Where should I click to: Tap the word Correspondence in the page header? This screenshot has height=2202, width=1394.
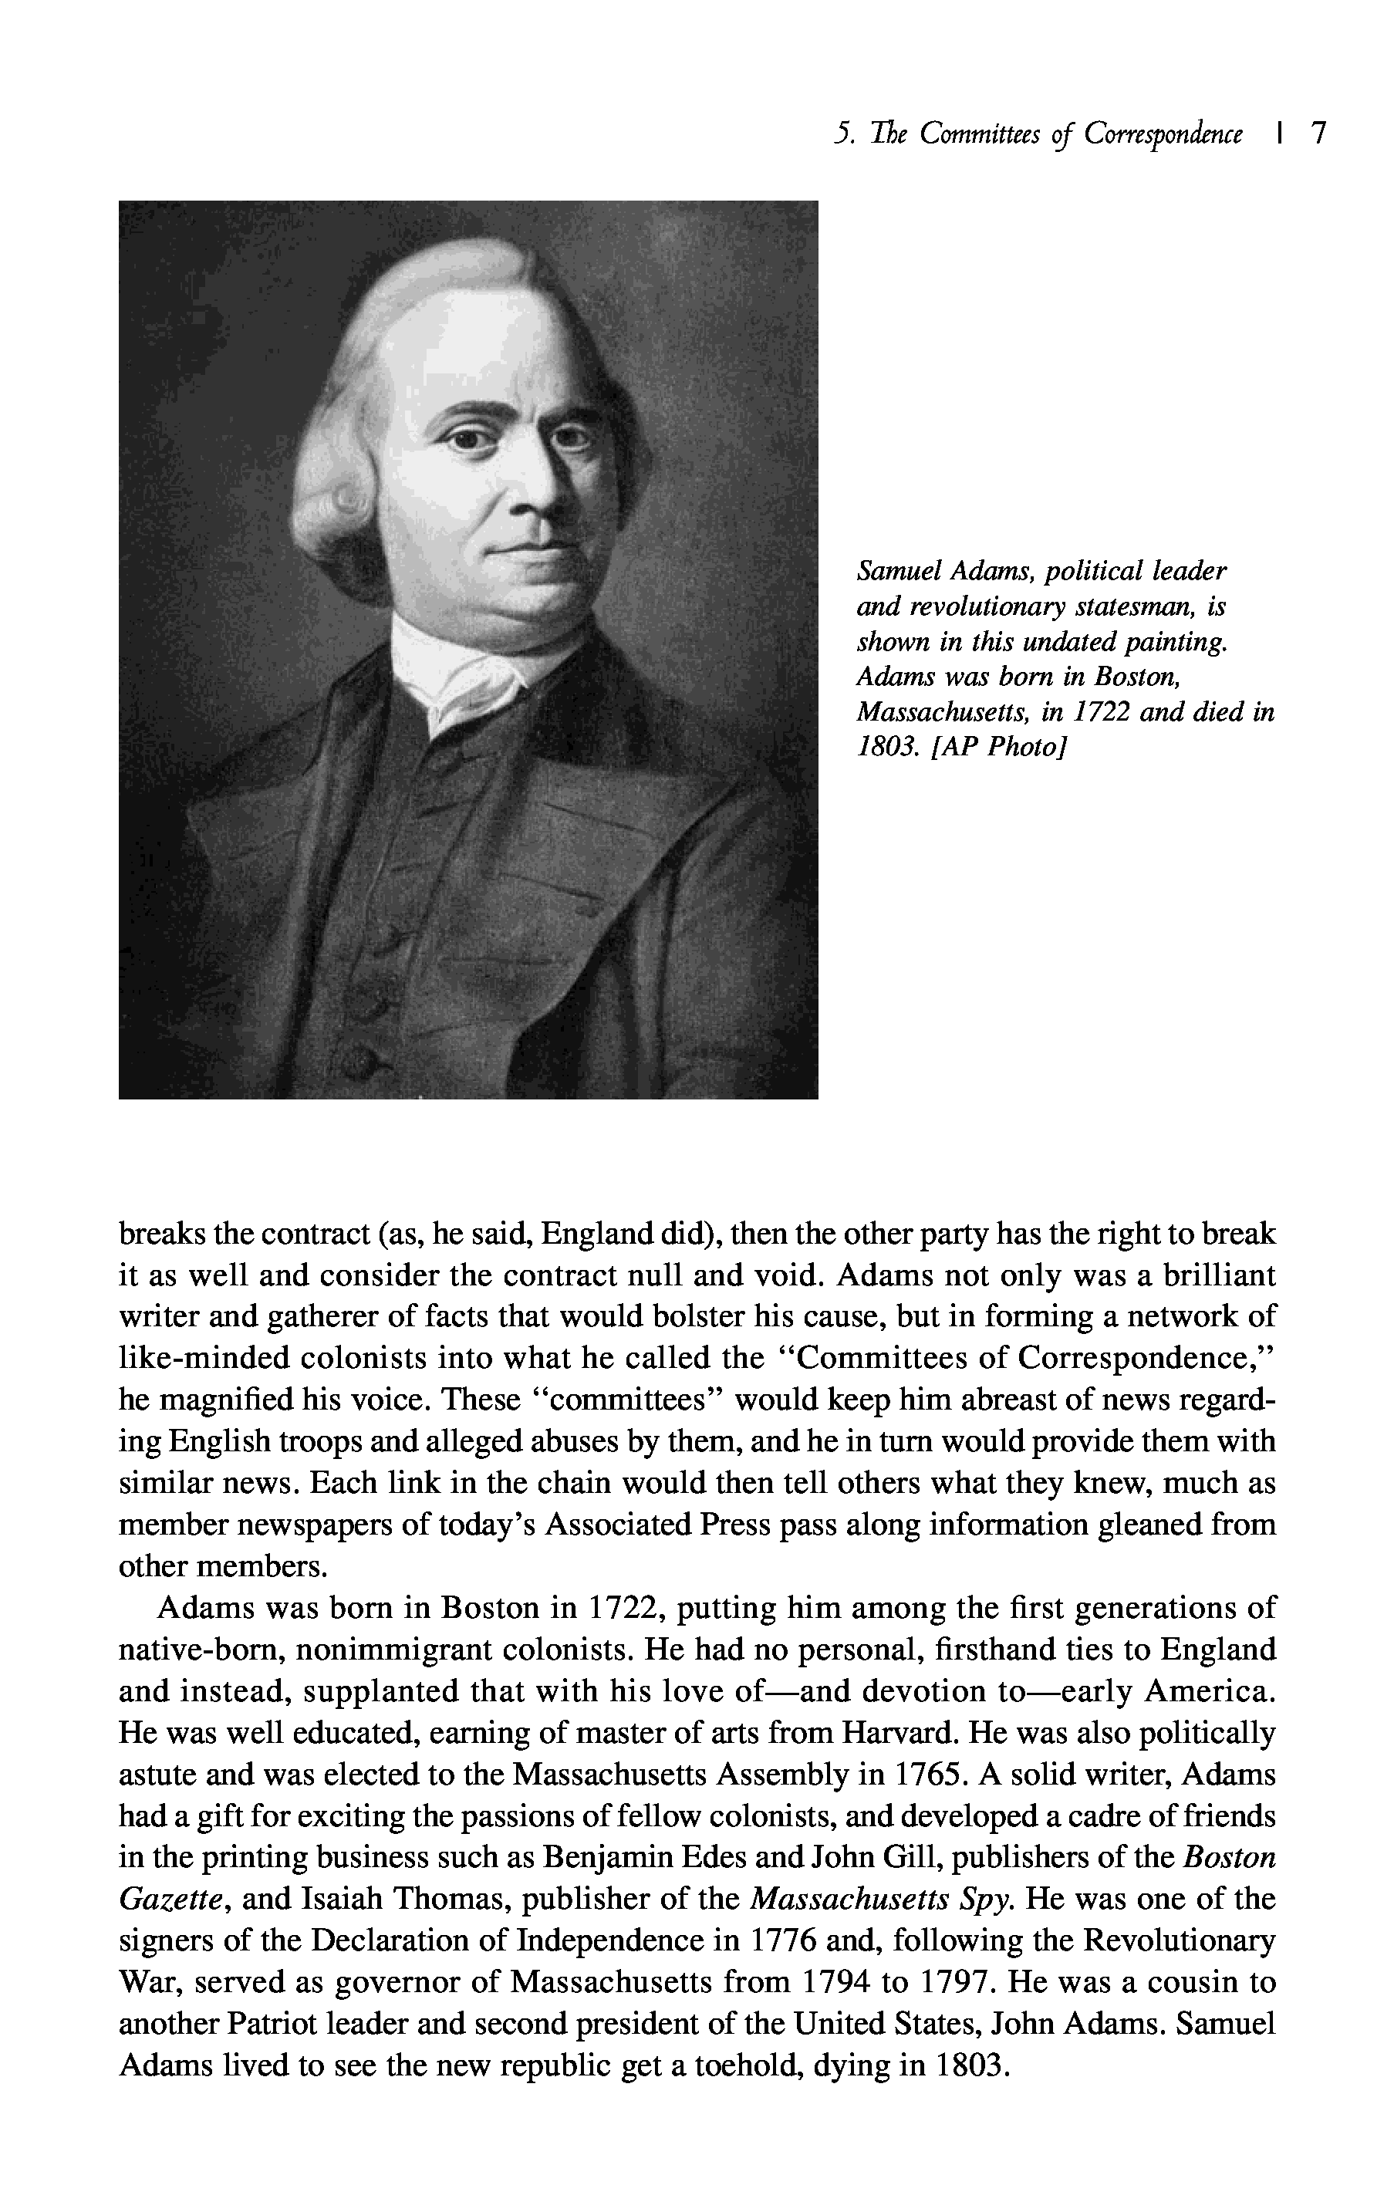coord(1163,135)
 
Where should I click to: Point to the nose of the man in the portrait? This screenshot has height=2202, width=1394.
coord(534,480)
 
